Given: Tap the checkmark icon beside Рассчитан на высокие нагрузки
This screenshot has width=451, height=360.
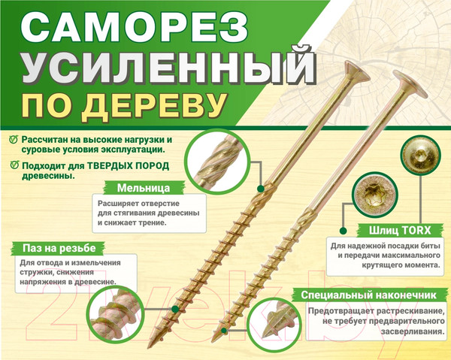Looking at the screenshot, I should coord(13,141).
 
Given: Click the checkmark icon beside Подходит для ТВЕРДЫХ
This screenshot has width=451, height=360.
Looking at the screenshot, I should coord(13,165).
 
